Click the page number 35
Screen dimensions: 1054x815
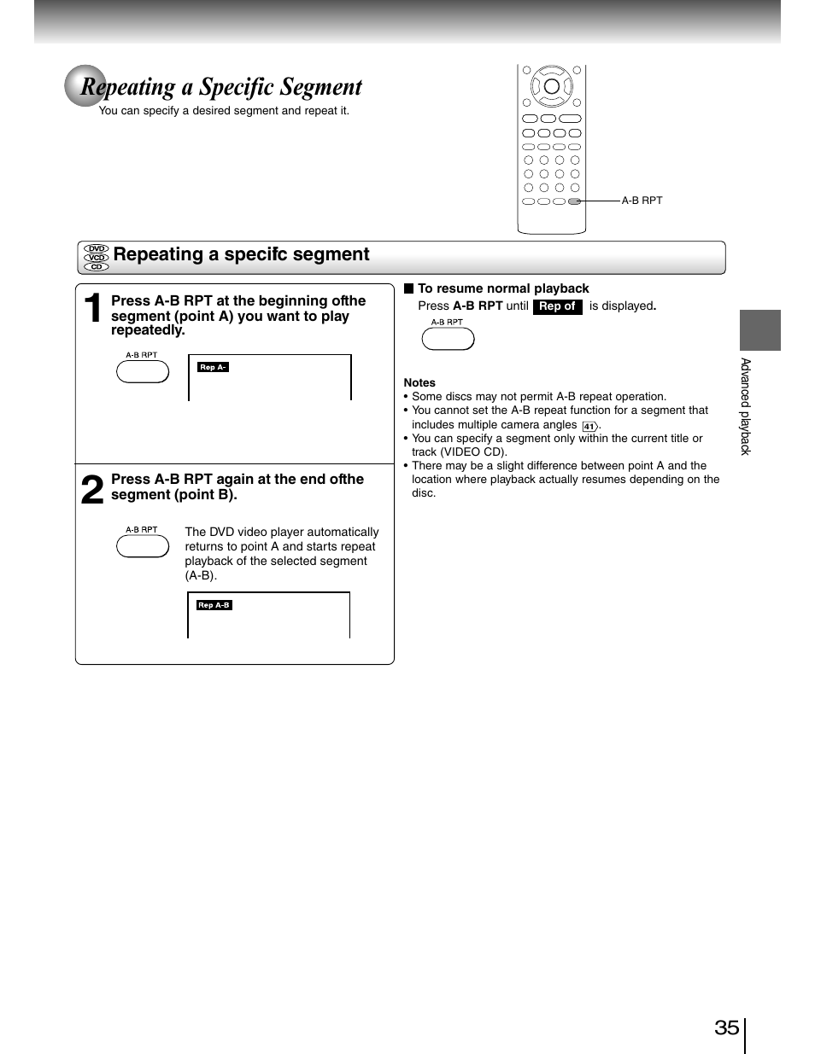[726, 1027]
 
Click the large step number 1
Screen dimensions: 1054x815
[95, 309]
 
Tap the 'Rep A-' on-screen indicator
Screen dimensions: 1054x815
[213, 367]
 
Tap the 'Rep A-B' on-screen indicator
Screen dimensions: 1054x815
[214, 605]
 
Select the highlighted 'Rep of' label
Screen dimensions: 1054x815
[557, 306]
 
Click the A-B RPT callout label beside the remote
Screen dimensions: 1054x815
[642, 201]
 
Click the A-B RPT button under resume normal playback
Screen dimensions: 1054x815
[448, 339]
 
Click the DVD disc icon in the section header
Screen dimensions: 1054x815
[97, 248]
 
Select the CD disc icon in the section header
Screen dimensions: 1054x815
[97, 267]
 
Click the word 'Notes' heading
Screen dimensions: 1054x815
[419, 383]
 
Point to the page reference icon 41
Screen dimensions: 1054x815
[589, 426]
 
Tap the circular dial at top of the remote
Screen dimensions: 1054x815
[552, 86]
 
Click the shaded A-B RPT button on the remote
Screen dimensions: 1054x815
[574, 201]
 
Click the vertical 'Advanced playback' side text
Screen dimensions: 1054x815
[745, 406]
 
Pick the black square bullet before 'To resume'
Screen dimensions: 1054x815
[408, 288]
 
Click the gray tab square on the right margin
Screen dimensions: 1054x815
[759, 330]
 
